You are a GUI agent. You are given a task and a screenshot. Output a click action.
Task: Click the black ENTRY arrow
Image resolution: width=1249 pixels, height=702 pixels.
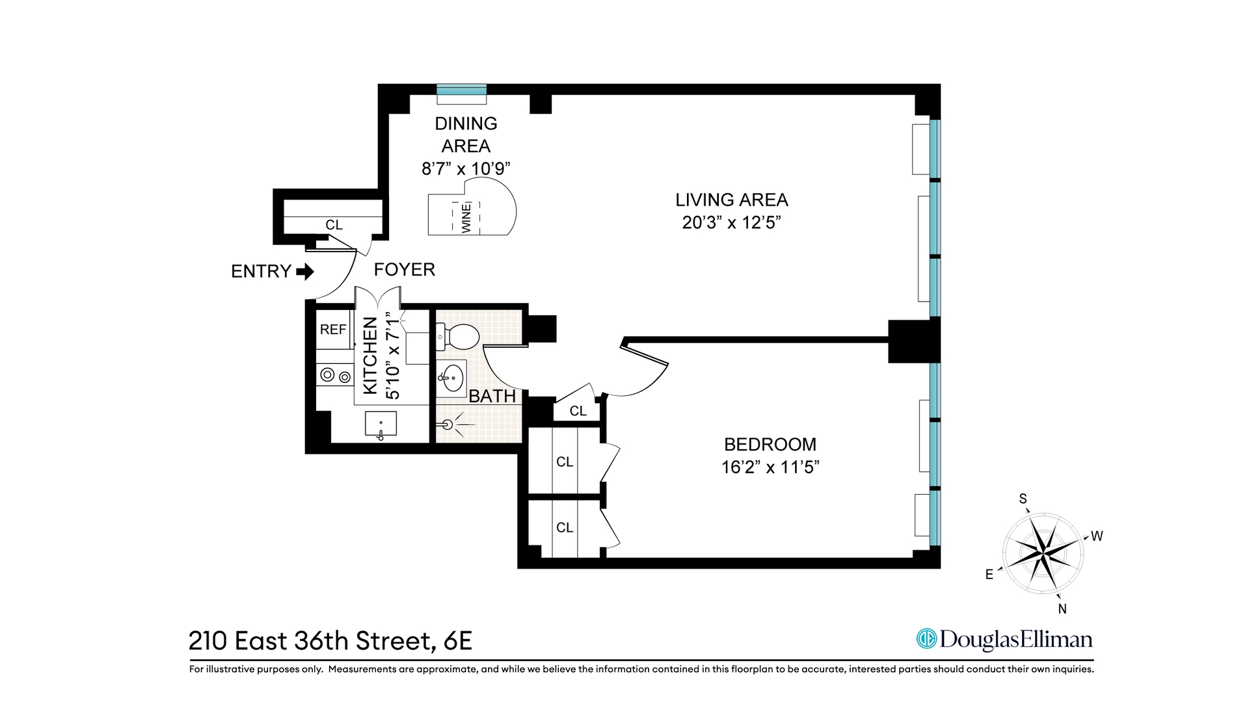click(305, 271)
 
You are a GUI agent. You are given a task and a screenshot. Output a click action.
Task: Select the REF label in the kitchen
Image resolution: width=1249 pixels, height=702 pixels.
click(333, 330)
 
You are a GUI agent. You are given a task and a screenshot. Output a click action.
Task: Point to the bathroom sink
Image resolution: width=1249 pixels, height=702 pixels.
click(451, 378)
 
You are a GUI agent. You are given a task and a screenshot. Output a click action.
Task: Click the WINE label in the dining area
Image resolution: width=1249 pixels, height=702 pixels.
click(466, 218)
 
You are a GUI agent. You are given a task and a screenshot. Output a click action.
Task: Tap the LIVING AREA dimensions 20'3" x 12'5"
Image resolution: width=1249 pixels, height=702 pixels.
click(731, 222)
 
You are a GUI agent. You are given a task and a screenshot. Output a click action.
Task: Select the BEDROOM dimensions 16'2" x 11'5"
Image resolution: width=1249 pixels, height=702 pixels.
click(770, 467)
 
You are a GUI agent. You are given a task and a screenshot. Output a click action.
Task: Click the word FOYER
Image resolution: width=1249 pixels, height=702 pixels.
click(405, 269)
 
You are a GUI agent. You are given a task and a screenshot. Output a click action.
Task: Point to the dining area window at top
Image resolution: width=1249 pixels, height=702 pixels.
click(461, 90)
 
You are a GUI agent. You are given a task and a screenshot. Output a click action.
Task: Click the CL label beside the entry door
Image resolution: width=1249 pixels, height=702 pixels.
click(334, 225)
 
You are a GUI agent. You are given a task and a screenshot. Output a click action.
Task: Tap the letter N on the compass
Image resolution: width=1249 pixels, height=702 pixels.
click(1062, 609)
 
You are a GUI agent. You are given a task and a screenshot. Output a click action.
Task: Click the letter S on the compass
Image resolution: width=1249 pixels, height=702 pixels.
click(1023, 499)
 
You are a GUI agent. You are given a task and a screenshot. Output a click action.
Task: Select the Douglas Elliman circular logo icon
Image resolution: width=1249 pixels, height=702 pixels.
click(926, 639)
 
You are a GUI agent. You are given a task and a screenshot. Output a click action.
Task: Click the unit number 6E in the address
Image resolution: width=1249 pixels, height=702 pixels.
click(457, 641)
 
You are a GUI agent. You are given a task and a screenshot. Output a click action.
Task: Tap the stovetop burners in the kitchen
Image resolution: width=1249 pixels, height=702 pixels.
click(336, 376)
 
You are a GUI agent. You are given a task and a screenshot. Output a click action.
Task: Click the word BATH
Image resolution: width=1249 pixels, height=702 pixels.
click(492, 396)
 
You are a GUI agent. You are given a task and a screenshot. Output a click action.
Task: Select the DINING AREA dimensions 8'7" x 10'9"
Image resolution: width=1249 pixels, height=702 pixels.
click(466, 168)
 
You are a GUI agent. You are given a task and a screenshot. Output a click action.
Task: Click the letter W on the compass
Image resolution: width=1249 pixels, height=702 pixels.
click(1097, 536)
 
